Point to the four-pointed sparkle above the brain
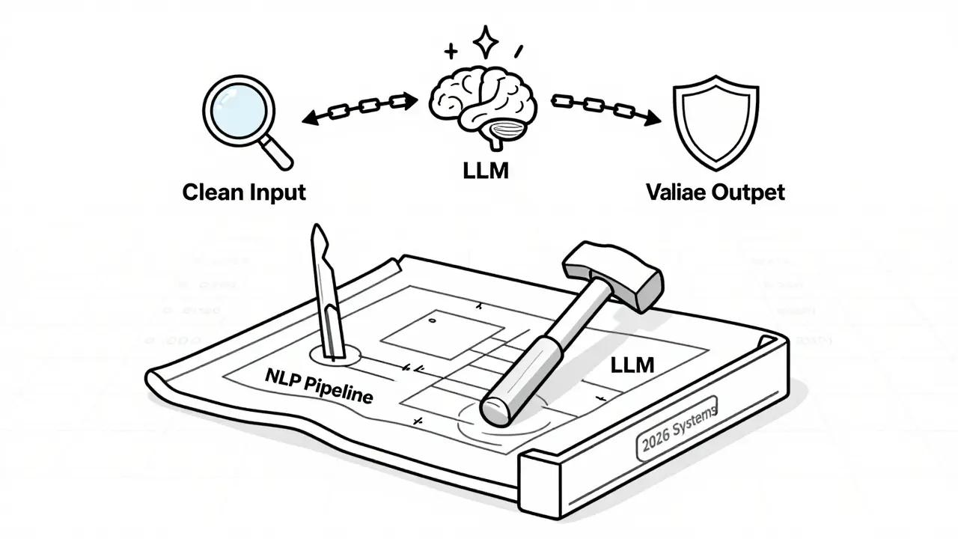click(x=486, y=44)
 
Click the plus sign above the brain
click(x=451, y=51)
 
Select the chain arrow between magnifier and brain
click(x=360, y=107)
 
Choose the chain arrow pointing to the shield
click(x=606, y=109)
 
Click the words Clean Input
click(x=244, y=192)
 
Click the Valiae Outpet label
click(x=715, y=192)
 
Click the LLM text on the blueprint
click(x=632, y=366)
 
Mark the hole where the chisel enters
click(x=335, y=356)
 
